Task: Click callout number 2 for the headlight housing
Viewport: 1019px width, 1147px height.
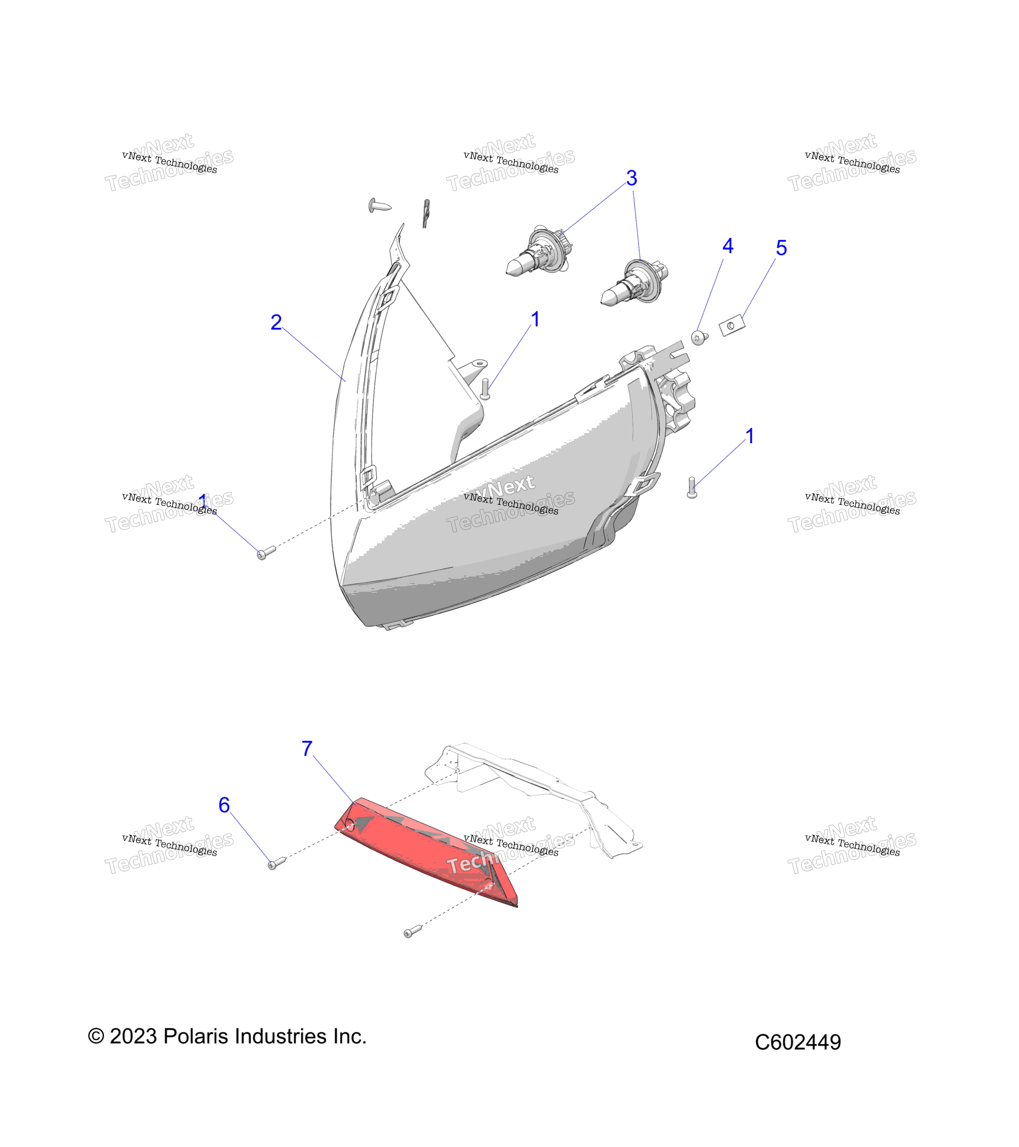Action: pos(276,322)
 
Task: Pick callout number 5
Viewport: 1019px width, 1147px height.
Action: pos(781,248)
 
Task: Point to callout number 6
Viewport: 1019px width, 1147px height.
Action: pos(224,805)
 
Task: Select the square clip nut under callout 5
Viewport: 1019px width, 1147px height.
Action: pos(732,326)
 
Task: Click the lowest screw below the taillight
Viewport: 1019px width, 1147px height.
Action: pos(413,932)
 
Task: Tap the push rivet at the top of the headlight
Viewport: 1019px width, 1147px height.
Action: pos(380,205)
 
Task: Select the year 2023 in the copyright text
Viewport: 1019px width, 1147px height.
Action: pos(133,1036)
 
